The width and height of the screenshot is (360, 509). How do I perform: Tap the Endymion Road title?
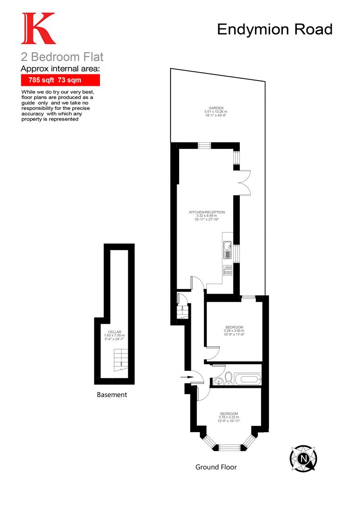[x=275, y=29]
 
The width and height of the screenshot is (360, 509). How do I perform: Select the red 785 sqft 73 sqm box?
[x=60, y=80]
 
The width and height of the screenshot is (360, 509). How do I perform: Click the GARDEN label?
[x=217, y=111]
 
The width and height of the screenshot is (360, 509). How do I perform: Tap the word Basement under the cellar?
[x=112, y=395]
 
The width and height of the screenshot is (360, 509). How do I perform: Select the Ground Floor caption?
[x=216, y=467]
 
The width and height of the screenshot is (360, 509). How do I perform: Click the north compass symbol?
[x=303, y=457]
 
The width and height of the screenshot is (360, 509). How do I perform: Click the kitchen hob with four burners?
[x=228, y=270]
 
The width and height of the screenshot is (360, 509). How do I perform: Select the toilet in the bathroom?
[x=229, y=378]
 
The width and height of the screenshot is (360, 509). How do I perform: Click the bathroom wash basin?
[x=217, y=381]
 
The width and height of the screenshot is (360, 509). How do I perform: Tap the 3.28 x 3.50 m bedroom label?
[x=234, y=331]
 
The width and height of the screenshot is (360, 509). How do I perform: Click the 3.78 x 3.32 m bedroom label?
[x=229, y=417]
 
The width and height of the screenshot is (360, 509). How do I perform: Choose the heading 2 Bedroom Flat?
[x=62, y=57]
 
